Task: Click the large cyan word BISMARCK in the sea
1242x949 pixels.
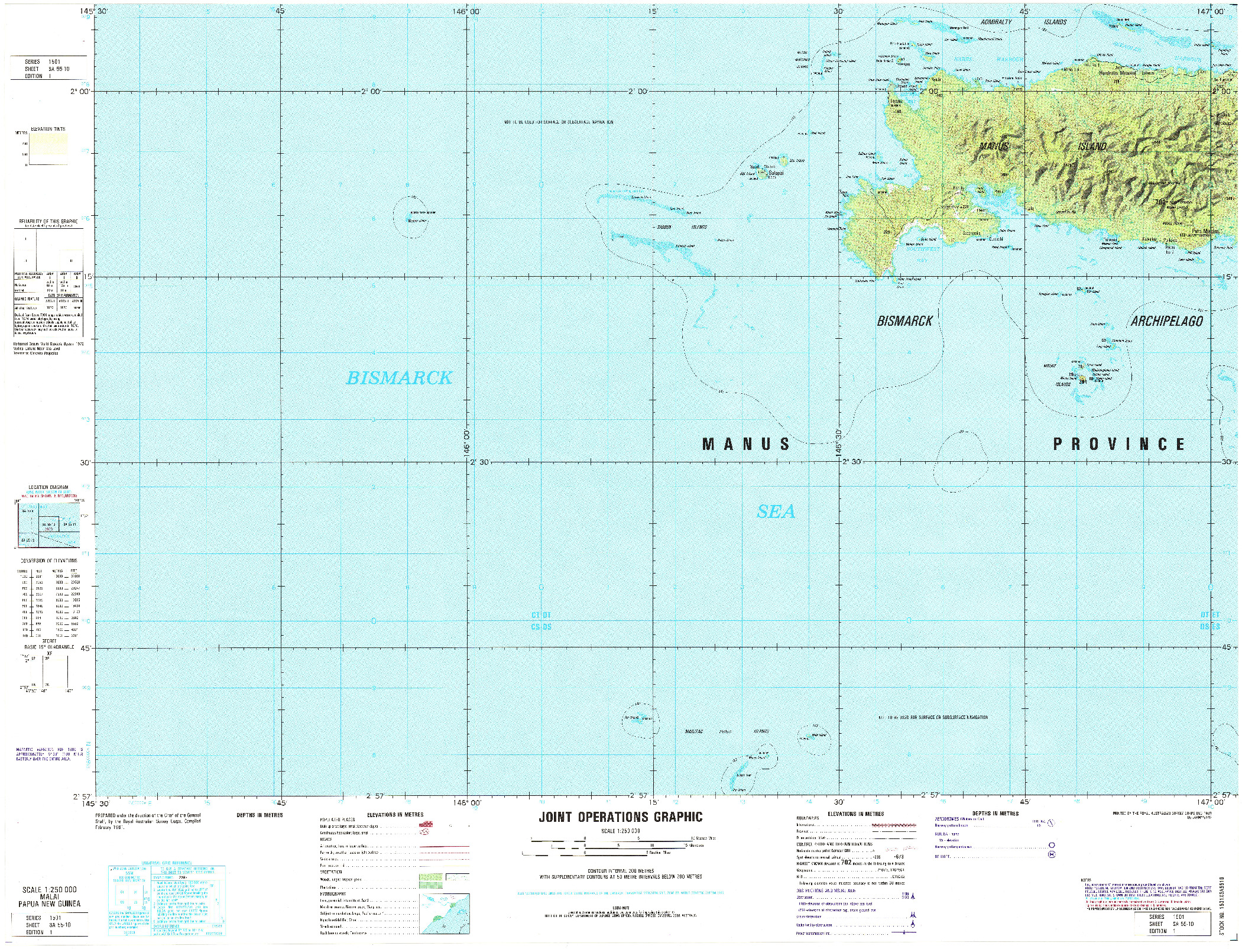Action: (399, 378)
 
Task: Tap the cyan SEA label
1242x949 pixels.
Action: (776, 512)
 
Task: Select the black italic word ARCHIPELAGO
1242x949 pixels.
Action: (1166, 321)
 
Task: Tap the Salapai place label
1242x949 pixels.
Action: (775, 173)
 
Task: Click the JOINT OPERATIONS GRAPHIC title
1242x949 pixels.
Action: (620, 817)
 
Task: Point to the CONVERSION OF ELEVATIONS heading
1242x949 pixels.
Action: (48, 561)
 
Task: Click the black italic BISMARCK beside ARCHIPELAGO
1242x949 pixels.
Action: (904, 321)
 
